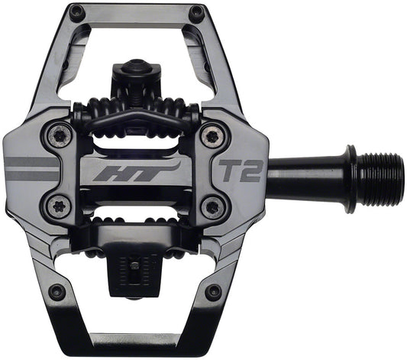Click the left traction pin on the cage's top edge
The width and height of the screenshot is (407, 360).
pyautogui.click(x=76, y=12)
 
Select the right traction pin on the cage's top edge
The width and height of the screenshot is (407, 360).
pyautogui.click(x=196, y=12)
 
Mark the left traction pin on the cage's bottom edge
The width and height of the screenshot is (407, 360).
pyautogui.click(x=56, y=291)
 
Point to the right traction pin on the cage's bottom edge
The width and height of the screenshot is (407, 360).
pyautogui.click(x=214, y=291)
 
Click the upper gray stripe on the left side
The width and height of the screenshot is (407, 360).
pyautogui.click(x=31, y=163)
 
